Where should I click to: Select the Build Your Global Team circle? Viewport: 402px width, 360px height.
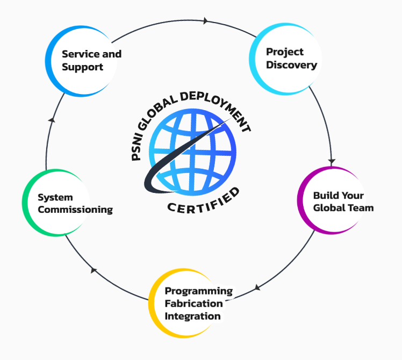pos(331,201)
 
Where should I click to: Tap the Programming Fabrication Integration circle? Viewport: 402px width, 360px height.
pos(185,304)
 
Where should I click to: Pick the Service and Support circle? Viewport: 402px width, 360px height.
pos(81,61)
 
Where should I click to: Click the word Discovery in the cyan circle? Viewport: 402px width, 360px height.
pos(291,66)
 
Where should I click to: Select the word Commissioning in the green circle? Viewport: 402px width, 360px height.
pos(75,210)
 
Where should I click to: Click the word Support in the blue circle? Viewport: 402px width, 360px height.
pos(82,67)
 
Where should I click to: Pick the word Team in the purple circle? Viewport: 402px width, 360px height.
pos(362,207)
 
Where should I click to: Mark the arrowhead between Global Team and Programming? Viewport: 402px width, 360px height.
pos(257,287)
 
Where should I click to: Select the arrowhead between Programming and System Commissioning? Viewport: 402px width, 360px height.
pos(94,270)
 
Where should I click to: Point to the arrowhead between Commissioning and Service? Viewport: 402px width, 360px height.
pos(52,119)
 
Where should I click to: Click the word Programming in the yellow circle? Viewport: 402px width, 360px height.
pos(198,291)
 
